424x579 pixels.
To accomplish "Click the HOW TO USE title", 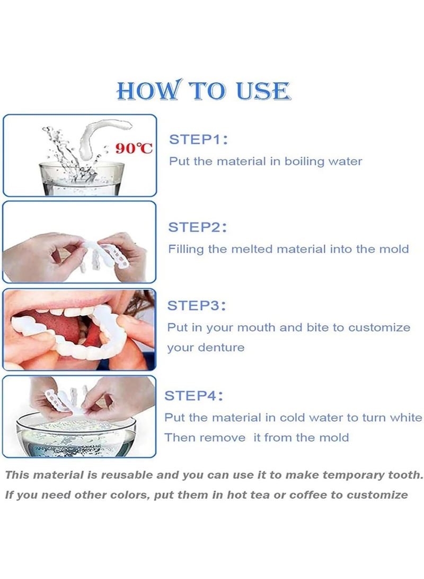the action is click(204, 90).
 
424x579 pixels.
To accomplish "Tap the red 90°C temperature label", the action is click(134, 149).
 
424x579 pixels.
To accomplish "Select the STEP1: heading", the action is click(198, 140).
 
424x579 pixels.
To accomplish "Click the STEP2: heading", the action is click(197, 227).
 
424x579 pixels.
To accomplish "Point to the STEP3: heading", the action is click(197, 306).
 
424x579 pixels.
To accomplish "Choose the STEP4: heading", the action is click(193, 396).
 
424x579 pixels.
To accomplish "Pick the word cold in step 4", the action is click(293, 418).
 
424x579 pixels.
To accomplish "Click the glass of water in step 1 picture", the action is click(82, 179).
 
